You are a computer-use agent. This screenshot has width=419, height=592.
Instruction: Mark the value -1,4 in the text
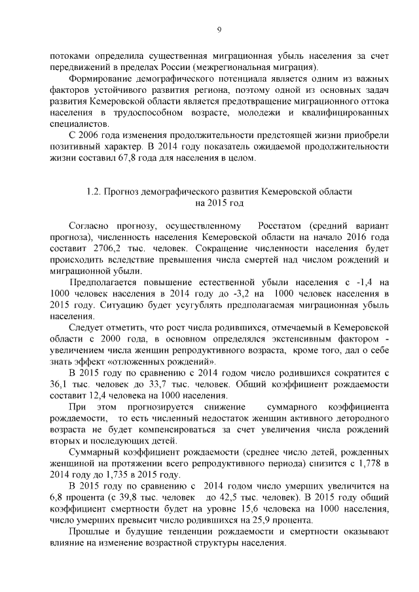355,282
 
